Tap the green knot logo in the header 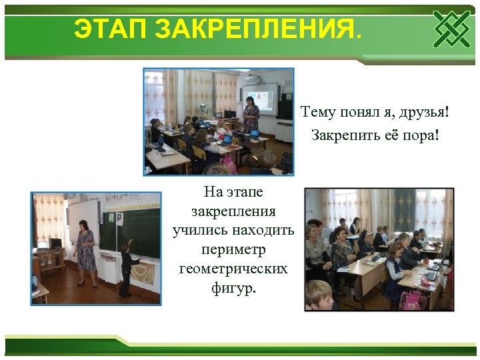pos(451,29)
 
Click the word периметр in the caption pos(233,250)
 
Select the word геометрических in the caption pos(233,269)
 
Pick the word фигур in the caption pos(232,289)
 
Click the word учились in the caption pos(197,231)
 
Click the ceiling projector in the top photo pos(253,79)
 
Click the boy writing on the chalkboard pos(125,267)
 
